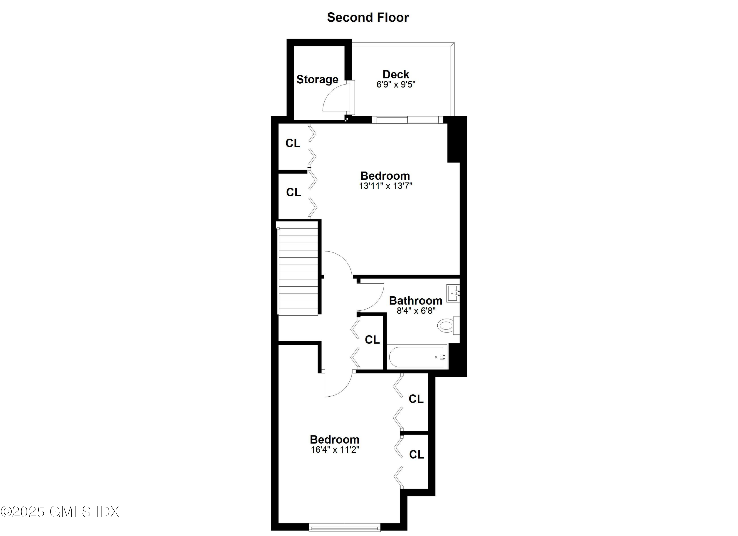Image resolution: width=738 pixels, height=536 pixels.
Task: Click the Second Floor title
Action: (x=368, y=17)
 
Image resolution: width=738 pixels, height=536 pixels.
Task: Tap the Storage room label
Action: (x=317, y=79)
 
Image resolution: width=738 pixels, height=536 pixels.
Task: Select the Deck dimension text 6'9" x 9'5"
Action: (x=396, y=85)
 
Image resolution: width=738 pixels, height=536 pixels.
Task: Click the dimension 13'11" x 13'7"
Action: (x=385, y=186)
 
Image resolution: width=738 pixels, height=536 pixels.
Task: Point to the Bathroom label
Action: (x=415, y=301)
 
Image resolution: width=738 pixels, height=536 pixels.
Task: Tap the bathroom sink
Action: (x=452, y=293)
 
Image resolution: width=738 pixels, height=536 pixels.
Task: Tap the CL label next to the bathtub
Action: (x=372, y=340)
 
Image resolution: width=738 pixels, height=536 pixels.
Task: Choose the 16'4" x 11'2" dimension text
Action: (x=335, y=450)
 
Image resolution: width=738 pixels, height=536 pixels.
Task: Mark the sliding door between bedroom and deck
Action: (x=407, y=120)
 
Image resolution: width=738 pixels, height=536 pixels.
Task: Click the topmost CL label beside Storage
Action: (x=293, y=143)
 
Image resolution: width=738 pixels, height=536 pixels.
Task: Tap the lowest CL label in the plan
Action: (x=416, y=454)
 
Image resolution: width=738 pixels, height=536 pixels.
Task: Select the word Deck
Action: (x=396, y=74)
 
